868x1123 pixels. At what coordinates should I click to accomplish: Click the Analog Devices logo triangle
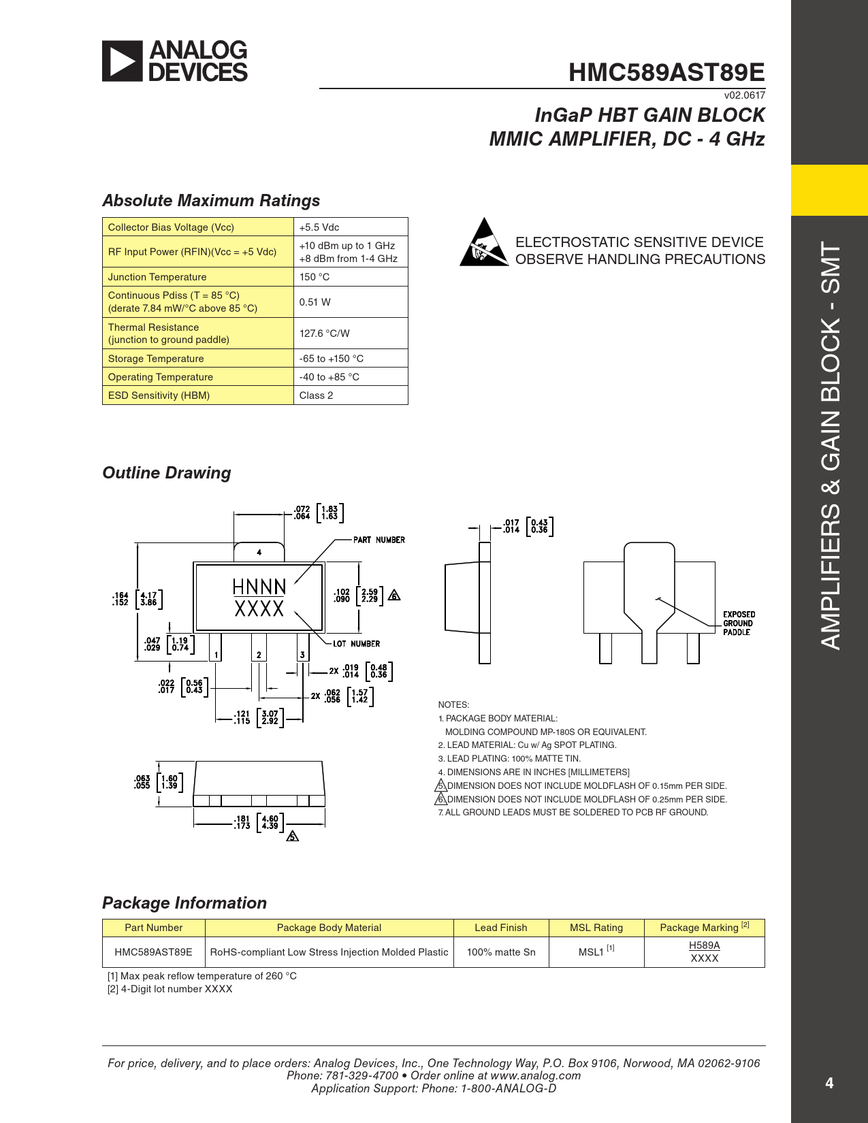(x=123, y=61)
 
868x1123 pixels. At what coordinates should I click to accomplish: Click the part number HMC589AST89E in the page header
(x=666, y=72)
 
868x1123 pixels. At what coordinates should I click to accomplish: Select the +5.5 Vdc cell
(x=319, y=227)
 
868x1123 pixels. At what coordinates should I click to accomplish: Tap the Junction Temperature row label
(x=157, y=277)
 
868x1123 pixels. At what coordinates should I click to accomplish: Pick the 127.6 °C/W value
(x=324, y=333)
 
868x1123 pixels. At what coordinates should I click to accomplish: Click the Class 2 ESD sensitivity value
(x=316, y=395)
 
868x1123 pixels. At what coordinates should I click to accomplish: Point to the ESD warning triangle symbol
(x=484, y=244)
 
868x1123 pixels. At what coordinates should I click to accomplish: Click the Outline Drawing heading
(x=167, y=473)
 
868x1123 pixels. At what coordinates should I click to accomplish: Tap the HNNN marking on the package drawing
(x=259, y=587)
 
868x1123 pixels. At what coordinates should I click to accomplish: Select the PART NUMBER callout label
(x=379, y=540)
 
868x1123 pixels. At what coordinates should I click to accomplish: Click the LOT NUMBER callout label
(x=356, y=644)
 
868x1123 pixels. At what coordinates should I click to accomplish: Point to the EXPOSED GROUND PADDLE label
(x=739, y=623)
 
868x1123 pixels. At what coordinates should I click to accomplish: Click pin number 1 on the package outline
(x=216, y=655)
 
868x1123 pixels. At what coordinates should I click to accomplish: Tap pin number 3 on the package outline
(x=302, y=655)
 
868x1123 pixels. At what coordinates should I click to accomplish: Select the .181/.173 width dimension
(x=242, y=822)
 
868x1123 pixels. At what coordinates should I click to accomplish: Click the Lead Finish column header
(x=500, y=928)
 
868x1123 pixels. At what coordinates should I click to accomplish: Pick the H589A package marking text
(x=704, y=945)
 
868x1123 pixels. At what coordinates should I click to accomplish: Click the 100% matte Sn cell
(x=500, y=952)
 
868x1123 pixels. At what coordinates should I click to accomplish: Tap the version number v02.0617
(x=744, y=95)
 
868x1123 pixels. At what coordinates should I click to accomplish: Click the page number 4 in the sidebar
(x=829, y=1083)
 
